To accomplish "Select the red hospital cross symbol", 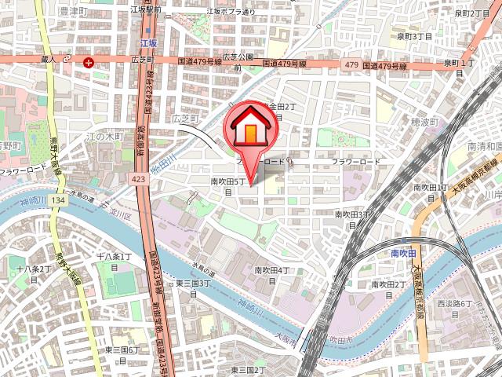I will tap(89, 62).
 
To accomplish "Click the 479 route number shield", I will tap(351, 65).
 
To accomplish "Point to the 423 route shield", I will tap(140, 180).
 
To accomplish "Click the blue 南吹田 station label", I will tap(405, 254).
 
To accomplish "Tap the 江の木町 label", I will tap(105, 137).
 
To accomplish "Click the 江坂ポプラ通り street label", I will tap(231, 13).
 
